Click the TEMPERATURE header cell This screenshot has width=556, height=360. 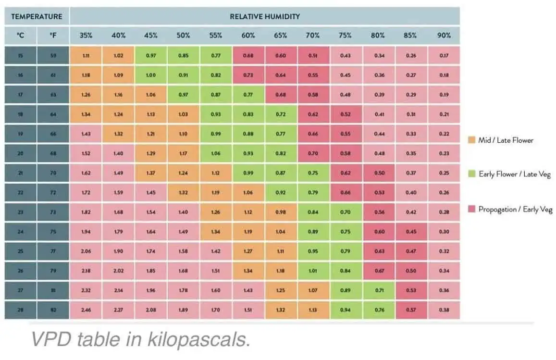[37, 16]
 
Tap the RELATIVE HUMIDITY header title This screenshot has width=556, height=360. [265, 16]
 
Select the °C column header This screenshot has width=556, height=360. [21, 36]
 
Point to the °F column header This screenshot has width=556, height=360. [53, 36]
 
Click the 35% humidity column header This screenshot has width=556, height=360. [86, 36]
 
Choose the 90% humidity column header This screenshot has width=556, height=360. [444, 36]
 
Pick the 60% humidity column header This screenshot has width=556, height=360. [248, 36]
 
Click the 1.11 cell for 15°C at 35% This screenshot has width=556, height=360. [86, 56]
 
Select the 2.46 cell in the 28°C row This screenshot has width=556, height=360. [86, 310]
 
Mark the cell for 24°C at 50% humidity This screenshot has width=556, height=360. [184, 232]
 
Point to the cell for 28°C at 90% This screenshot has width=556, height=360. [444, 310]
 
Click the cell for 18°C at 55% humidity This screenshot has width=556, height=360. [216, 114]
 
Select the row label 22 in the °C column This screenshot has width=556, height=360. [21, 193]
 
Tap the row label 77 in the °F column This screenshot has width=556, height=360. [53, 251]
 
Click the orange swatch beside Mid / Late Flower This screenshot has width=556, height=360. [471, 140]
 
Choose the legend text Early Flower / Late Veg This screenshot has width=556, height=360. [514, 174]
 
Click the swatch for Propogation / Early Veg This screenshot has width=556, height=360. [471, 209]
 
